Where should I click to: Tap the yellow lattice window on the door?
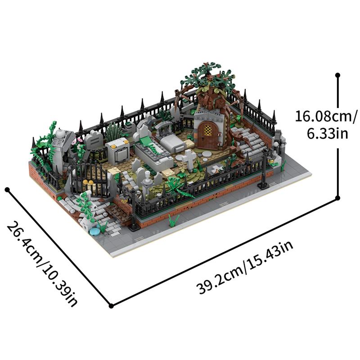[x=207, y=130]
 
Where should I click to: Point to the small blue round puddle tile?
[x=94, y=231]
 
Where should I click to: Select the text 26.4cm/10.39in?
[x=43, y=264]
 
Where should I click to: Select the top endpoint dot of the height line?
[x=337, y=75]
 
